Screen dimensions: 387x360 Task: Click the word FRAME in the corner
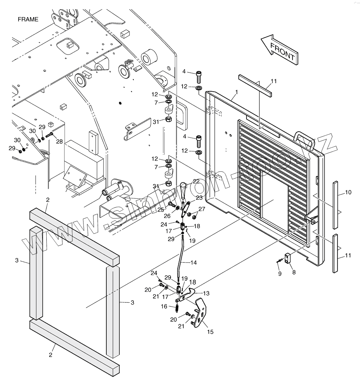[x=28, y=20]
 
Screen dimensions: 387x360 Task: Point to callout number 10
[x=348, y=193]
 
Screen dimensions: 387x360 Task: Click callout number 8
[x=294, y=272]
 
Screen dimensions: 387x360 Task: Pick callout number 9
[x=280, y=274]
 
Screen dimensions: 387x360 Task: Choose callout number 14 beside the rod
[x=193, y=263]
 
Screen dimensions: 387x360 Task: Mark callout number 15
[x=210, y=332]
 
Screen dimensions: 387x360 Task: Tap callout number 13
[x=206, y=293]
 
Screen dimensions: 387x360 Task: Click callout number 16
[x=164, y=306]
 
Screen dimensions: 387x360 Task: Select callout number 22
[x=196, y=182]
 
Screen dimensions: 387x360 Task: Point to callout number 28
[x=59, y=141]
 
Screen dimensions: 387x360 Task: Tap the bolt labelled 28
[x=49, y=135]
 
